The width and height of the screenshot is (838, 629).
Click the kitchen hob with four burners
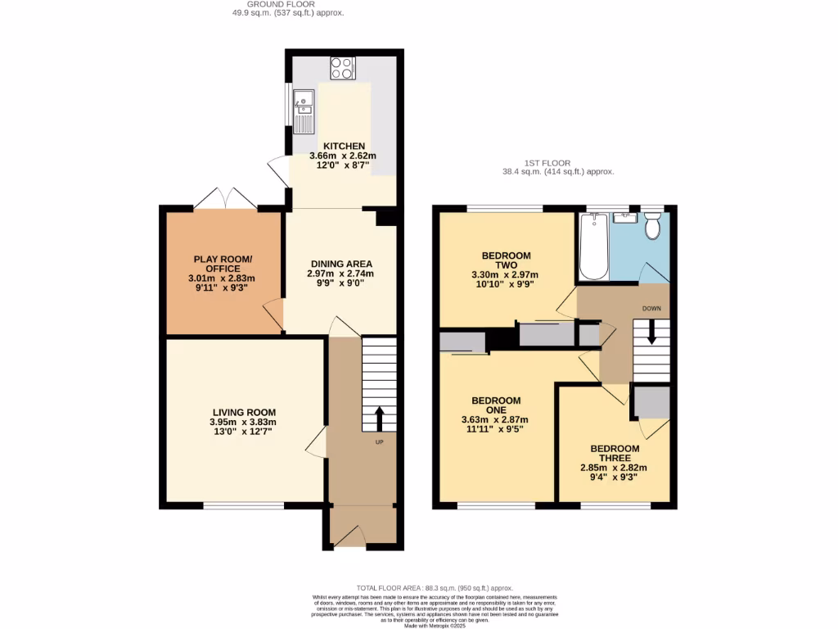342,68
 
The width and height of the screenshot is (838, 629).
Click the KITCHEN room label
342,146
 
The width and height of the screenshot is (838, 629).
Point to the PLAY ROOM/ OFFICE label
223,264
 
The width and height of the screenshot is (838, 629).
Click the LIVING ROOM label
244,412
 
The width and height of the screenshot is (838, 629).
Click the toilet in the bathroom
652,226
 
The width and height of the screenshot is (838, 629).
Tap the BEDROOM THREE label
615,453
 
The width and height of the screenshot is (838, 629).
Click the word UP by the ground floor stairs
379,442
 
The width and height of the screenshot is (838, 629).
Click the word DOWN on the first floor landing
651,309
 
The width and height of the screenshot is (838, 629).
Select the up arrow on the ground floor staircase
379,418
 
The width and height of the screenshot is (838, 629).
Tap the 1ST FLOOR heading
547,163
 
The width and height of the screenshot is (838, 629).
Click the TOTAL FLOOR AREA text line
435,588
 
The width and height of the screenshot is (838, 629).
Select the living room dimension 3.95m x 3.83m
244,422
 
